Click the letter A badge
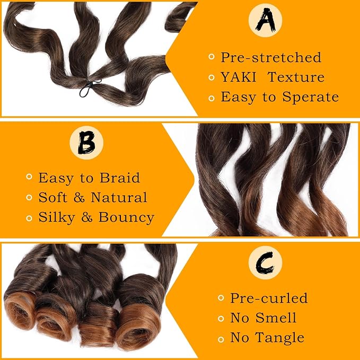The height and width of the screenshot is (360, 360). [x=265, y=20]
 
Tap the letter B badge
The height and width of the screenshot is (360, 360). [x=86, y=143]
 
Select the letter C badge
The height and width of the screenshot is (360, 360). [x=265, y=263]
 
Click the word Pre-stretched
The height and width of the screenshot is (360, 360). [x=271, y=57]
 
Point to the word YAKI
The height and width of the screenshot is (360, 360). [x=238, y=77]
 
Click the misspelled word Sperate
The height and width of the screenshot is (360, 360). [x=310, y=97]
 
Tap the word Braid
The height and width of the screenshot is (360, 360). [x=120, y=178]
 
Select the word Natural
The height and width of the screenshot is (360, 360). [x=119, y=197]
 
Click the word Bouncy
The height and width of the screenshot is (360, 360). [x=126, y=217]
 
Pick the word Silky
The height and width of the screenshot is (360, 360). [x=57, y=217]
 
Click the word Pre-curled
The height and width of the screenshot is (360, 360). [x=269, y=298]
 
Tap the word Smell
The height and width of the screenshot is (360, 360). [x=276, y=318]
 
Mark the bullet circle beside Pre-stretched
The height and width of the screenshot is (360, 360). [x=211, y=57]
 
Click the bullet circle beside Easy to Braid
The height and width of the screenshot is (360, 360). [x=29, y=177]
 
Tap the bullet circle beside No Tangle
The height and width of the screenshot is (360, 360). [x=221, y=339]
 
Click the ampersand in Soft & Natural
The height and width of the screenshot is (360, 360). [x=79, y=197]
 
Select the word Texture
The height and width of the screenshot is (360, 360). [x=296, y=77]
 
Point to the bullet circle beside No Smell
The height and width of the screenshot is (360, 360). [x=221, y=319]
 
